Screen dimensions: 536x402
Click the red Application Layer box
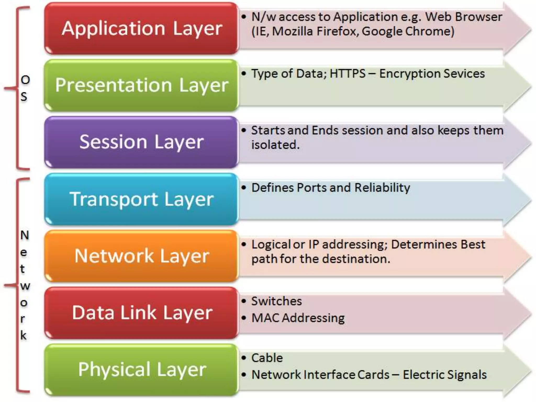coord(141,28)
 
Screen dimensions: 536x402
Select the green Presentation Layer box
coord(141,85)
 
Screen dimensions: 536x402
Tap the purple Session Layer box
coord(141,142)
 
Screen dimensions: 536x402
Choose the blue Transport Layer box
coord(141,199)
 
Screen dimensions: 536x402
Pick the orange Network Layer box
coord(141,256)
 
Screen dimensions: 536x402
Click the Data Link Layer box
coord(141,313)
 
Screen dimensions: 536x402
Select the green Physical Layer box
coord(141,370)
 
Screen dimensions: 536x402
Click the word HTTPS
coord(348,74)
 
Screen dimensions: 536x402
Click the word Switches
coord(276,301)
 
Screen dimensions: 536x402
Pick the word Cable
coord(267,358)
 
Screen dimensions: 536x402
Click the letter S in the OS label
coord(24,97)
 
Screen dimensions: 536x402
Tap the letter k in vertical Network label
coord(24,335)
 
